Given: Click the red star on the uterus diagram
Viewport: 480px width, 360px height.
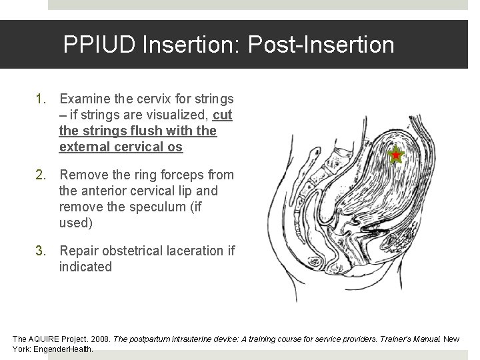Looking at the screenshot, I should point(396,155).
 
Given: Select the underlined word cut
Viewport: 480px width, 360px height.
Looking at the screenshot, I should point(223,115).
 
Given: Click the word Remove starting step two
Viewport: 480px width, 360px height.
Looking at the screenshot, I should point(85,175).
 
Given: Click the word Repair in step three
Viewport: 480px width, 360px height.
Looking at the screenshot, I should point(79,251).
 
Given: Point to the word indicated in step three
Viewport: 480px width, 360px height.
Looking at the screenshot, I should point(86,267).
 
